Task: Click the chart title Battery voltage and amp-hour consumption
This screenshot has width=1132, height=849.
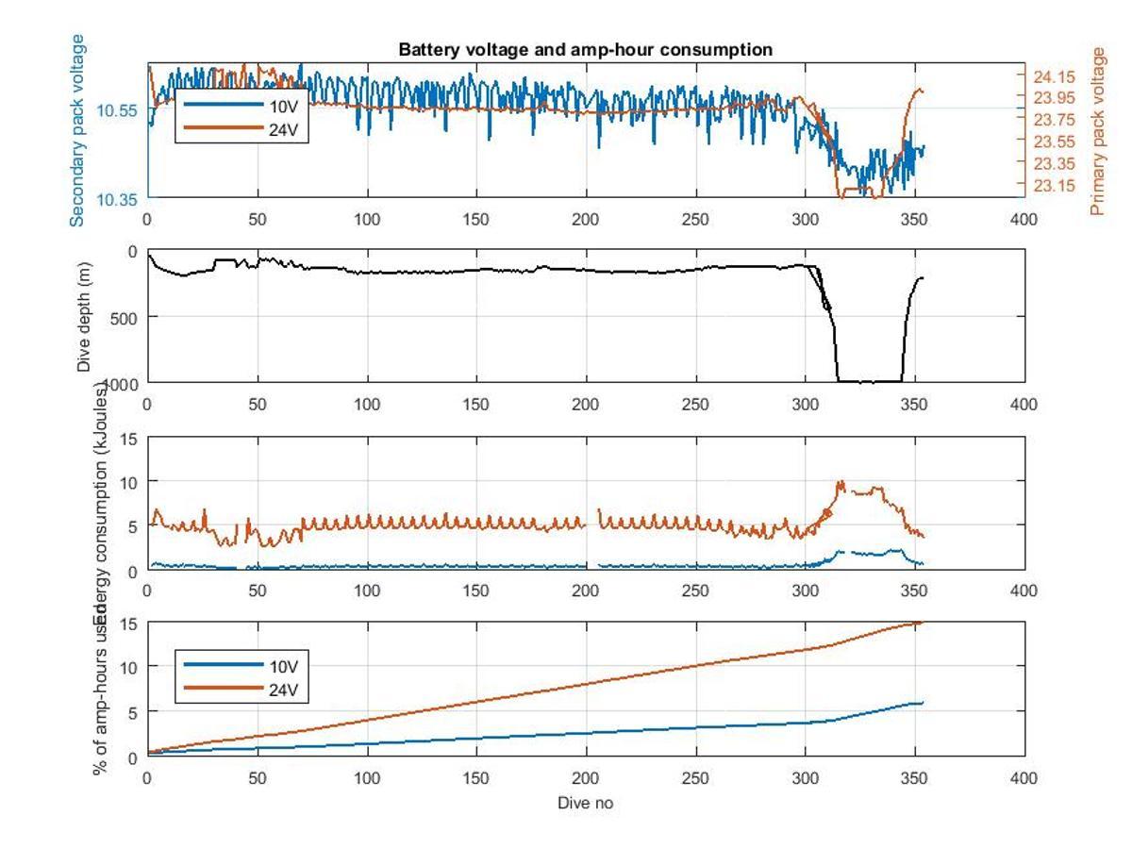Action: coord(586,49)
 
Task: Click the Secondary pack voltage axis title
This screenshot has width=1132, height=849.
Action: coord(77,130)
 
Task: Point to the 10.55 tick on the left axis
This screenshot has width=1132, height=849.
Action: coord(118,110)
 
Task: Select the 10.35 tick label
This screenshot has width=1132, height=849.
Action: coord(118,199)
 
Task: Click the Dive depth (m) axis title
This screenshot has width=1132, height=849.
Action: coord(85,316)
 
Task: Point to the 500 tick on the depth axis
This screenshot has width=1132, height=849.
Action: coord(124,317)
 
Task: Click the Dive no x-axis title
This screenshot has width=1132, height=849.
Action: coord(586,803)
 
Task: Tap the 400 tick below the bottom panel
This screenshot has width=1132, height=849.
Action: coord(1024,778)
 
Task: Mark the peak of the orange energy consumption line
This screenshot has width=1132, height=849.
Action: coord(840,482)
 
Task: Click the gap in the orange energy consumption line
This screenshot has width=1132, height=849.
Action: coord(592,524)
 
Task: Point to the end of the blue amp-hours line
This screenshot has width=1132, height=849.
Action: coord(922,702)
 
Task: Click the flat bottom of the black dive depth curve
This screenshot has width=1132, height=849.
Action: coord(868,381)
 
